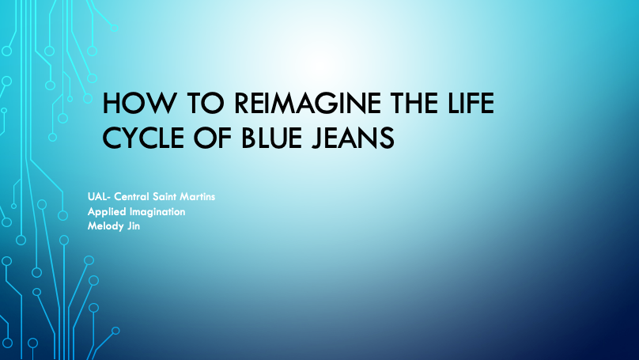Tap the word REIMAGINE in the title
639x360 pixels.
[x=308, y=103]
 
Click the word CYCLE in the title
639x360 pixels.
[x=143, y=138]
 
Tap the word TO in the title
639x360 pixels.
[x=206, y=103]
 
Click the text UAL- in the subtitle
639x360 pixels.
[x=99, y=197]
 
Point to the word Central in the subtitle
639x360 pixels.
[x=131, y=197]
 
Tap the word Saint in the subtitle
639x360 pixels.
[x=164, y=197]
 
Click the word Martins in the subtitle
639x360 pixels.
[x=197, y=197]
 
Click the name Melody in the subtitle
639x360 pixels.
[x=105, y=226]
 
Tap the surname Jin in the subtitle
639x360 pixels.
[x=134, y=226]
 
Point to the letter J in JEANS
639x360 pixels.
[x=317, y=138]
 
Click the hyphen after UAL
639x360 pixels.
[x=108, y=198]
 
